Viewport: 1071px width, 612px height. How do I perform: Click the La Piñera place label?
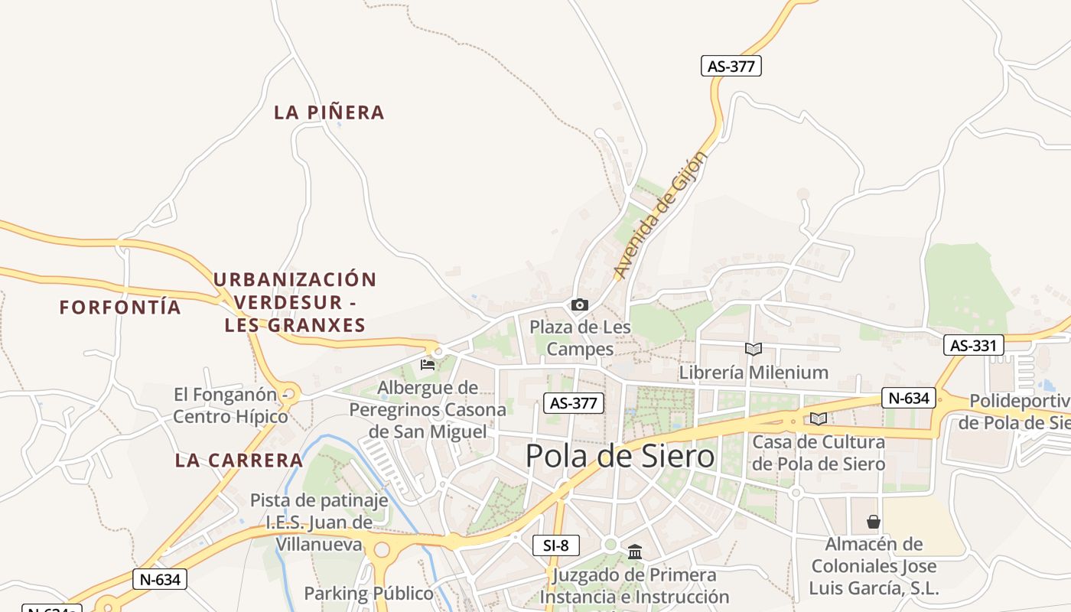tap(329, 112)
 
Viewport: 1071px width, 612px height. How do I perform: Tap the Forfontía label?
tap(120, 308)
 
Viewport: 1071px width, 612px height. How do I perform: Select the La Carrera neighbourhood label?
tap(239, 461)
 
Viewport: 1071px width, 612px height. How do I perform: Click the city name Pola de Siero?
tap(620, 457)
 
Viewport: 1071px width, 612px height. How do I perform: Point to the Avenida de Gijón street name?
tap(661, 215)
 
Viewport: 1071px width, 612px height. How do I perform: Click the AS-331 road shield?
tap(973, 345)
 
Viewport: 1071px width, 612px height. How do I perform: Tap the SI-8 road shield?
tap(556, 545)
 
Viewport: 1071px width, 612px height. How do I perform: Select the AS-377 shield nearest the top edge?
tap(731, 66)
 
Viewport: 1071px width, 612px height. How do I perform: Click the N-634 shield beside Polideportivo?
tap(909, 398)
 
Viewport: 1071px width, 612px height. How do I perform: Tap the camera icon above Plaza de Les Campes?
tap(580, 305)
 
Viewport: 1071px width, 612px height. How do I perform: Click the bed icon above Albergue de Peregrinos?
tap(428, 364)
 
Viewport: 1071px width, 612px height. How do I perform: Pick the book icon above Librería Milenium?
tap(754, 350)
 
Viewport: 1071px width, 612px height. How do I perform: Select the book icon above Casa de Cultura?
tap(819, 418)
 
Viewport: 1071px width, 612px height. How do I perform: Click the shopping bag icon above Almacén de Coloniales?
tap(874, 522)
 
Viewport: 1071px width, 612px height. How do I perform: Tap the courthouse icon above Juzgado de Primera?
tap(635, 552)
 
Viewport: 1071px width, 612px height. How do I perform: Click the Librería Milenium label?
tap(754, 373)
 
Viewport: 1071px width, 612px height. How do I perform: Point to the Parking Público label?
tap(369, 594)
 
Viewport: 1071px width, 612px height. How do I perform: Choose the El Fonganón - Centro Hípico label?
tap(231, 405)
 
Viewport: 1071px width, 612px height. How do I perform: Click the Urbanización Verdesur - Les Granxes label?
tap(295, 302)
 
